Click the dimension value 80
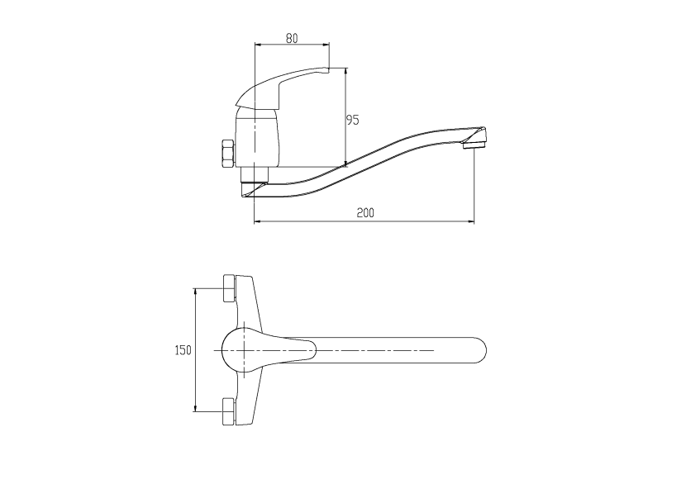292,39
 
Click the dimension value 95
352,120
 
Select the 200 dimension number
365,213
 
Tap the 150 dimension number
183,350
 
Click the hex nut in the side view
228,154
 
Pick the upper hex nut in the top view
229,288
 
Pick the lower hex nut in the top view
229,411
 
